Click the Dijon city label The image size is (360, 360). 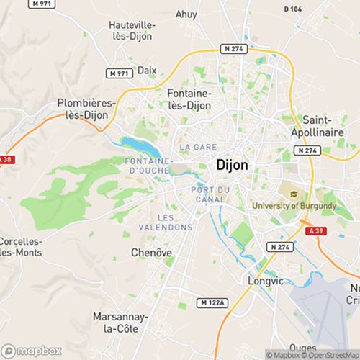232,165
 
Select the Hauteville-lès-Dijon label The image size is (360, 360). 132,30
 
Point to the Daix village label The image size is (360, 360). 147,71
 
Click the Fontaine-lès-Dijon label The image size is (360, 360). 189,99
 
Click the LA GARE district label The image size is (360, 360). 194,147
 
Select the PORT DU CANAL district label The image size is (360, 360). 211,194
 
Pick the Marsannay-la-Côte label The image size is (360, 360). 120,322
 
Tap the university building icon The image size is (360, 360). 294,193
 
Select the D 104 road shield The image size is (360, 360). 293,8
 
